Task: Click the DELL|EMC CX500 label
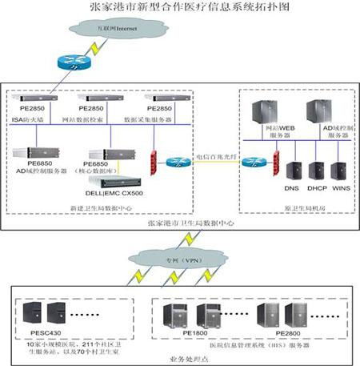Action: (114, 193)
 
